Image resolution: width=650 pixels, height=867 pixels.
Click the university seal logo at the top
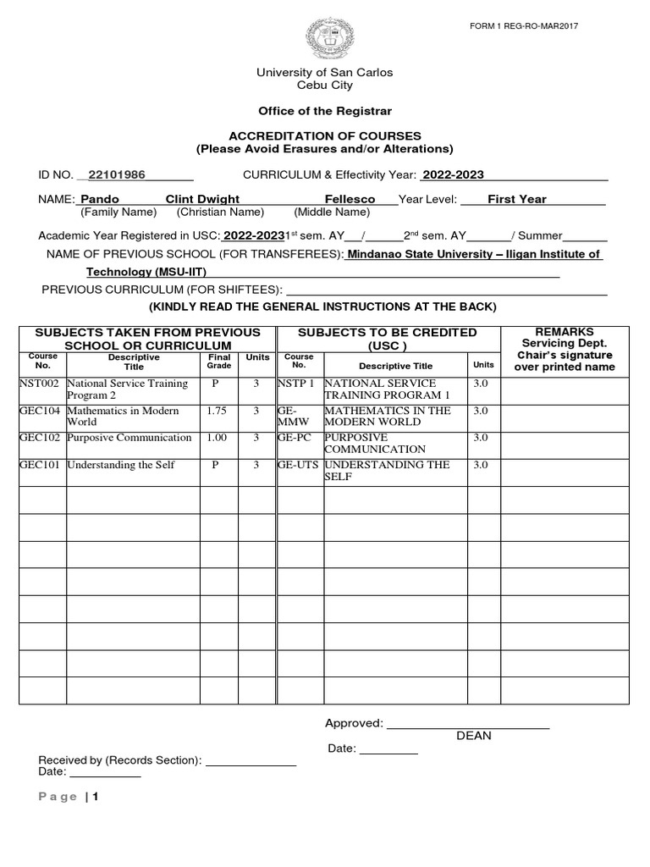coord(325,37)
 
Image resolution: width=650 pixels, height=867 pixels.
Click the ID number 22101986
coord(117,175)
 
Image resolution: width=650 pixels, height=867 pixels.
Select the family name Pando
coord(99,200)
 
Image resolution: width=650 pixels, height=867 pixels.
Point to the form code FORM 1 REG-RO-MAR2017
coord(524,26)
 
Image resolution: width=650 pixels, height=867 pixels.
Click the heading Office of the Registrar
coord(325,112)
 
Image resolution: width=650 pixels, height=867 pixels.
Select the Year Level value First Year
coord(516,200)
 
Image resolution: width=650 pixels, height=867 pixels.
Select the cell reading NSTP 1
coord(296,384)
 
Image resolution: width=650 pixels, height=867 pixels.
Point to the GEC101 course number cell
coord(41,465)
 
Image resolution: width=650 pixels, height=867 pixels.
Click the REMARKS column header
coord(565,332)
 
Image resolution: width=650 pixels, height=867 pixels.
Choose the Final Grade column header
coord(218,362)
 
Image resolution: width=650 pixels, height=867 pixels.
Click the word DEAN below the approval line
coord(473,736)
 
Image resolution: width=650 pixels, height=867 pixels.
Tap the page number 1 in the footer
coord(96,797)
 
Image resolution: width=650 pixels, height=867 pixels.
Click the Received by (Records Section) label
coord(119,760)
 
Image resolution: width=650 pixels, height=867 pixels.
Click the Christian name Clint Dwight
coord(202,200)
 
